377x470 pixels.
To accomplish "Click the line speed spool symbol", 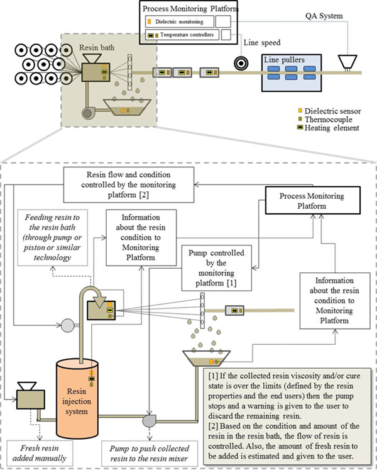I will (x=240, y=64).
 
